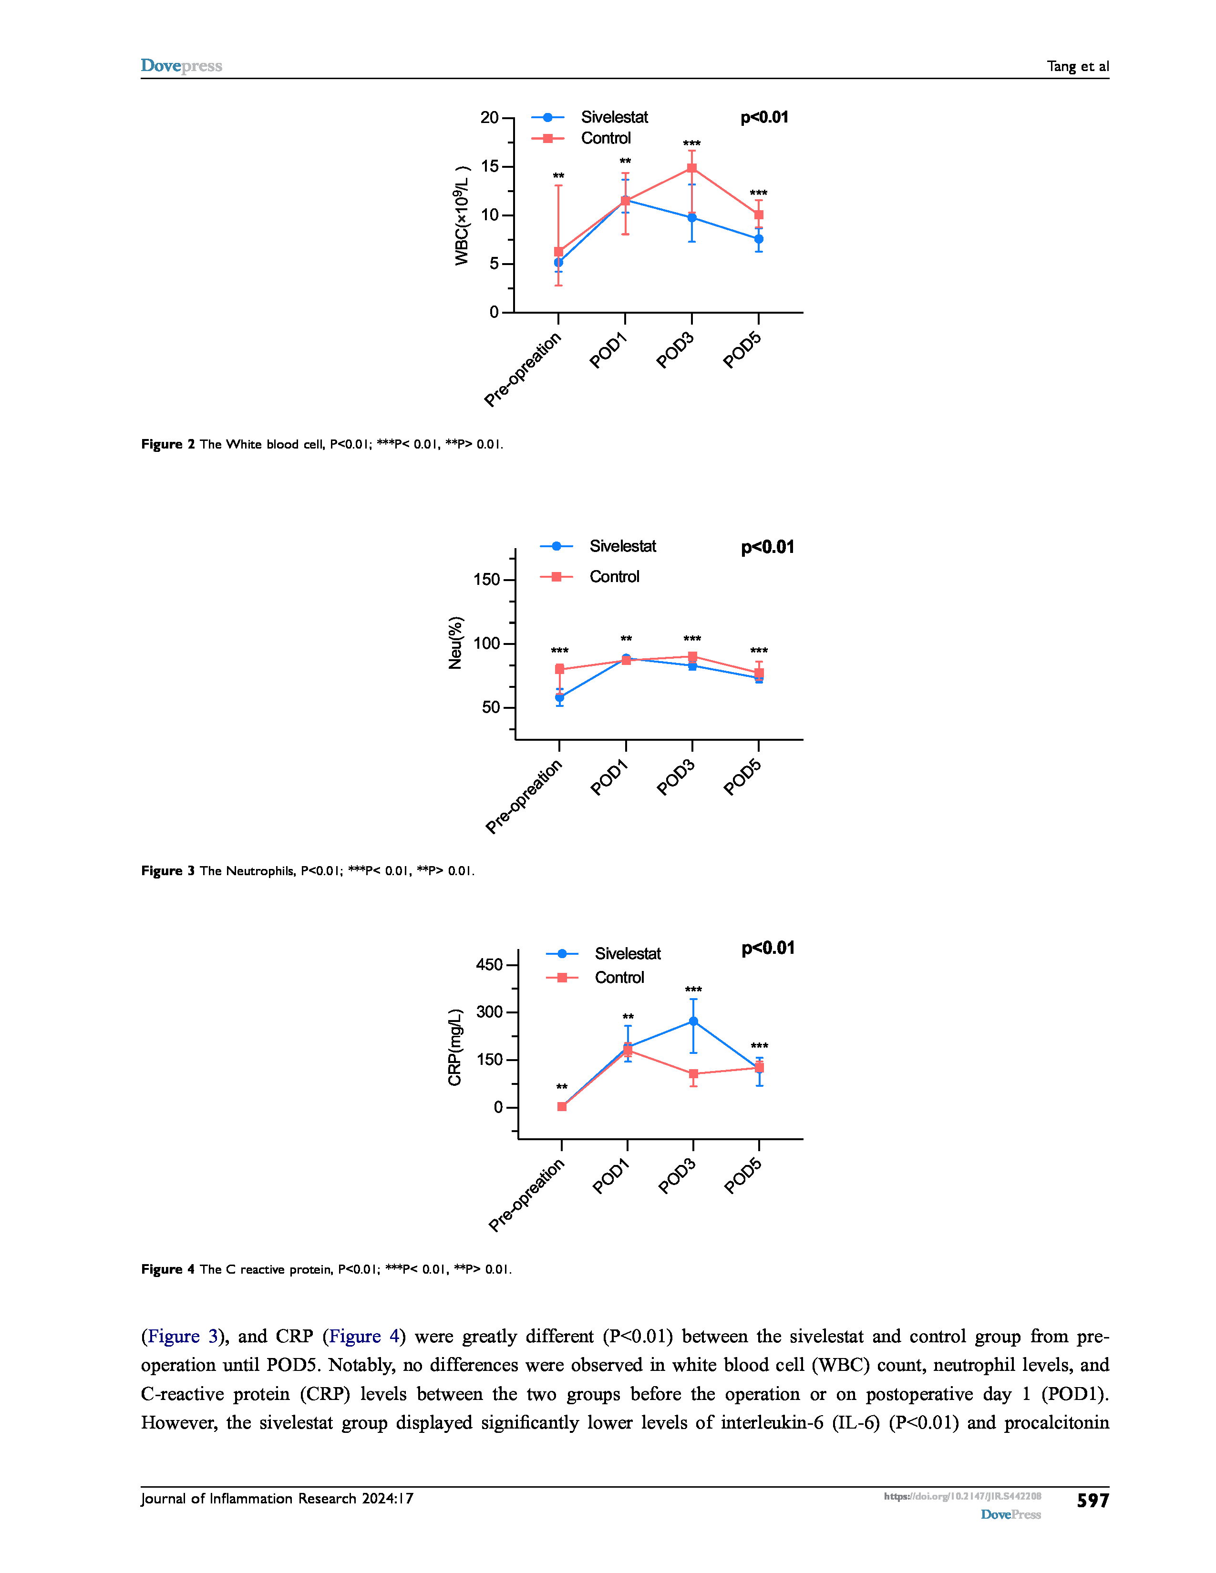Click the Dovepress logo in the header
point(181,66)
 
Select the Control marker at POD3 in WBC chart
point(691,169)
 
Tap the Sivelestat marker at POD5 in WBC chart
point(759,239)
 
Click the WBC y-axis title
point(462,216)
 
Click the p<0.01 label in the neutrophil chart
point(767,547)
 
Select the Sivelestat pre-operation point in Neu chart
point(560,697)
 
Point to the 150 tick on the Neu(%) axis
point(486,580)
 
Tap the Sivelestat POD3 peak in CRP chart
point(693,1021)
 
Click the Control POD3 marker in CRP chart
point(693,1074)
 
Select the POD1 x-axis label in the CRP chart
point(610,1177)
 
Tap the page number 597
point(1092,1500)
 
